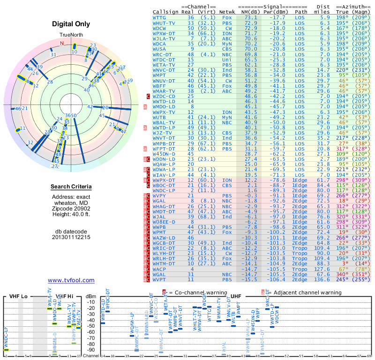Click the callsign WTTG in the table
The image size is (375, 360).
click(x=159, y=17)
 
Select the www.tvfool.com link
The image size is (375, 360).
click(x=71, y=280)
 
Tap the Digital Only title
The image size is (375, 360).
click(x=71, y=24)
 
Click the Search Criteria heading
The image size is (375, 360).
click(x=71, y=187)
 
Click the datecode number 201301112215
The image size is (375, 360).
click(x=71, y=237)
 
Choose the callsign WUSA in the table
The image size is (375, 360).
click(x=159, y=49)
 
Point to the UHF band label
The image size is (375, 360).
click(x=237, y=296)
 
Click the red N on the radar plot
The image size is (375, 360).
click(x=61, y=43)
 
